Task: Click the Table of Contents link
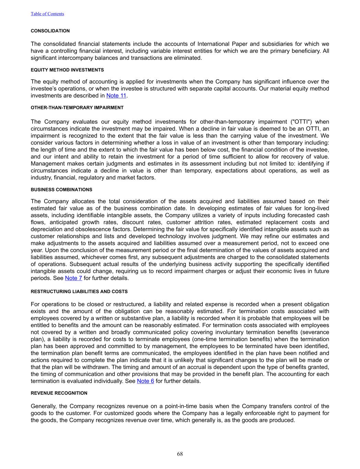tap(47, 14)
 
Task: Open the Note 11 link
tap(116, 96)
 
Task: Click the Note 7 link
tap(74, 278)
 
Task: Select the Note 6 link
tap(145, 381)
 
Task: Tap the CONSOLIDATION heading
tap(50, 31)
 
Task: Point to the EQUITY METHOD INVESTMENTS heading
tap(67, 70)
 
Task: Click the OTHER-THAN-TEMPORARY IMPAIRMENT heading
tap(77, 108)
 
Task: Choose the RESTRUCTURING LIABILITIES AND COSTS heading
tap(79, 291)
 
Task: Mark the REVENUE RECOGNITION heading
tap(59, 393)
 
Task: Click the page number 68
tap(180, 454)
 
